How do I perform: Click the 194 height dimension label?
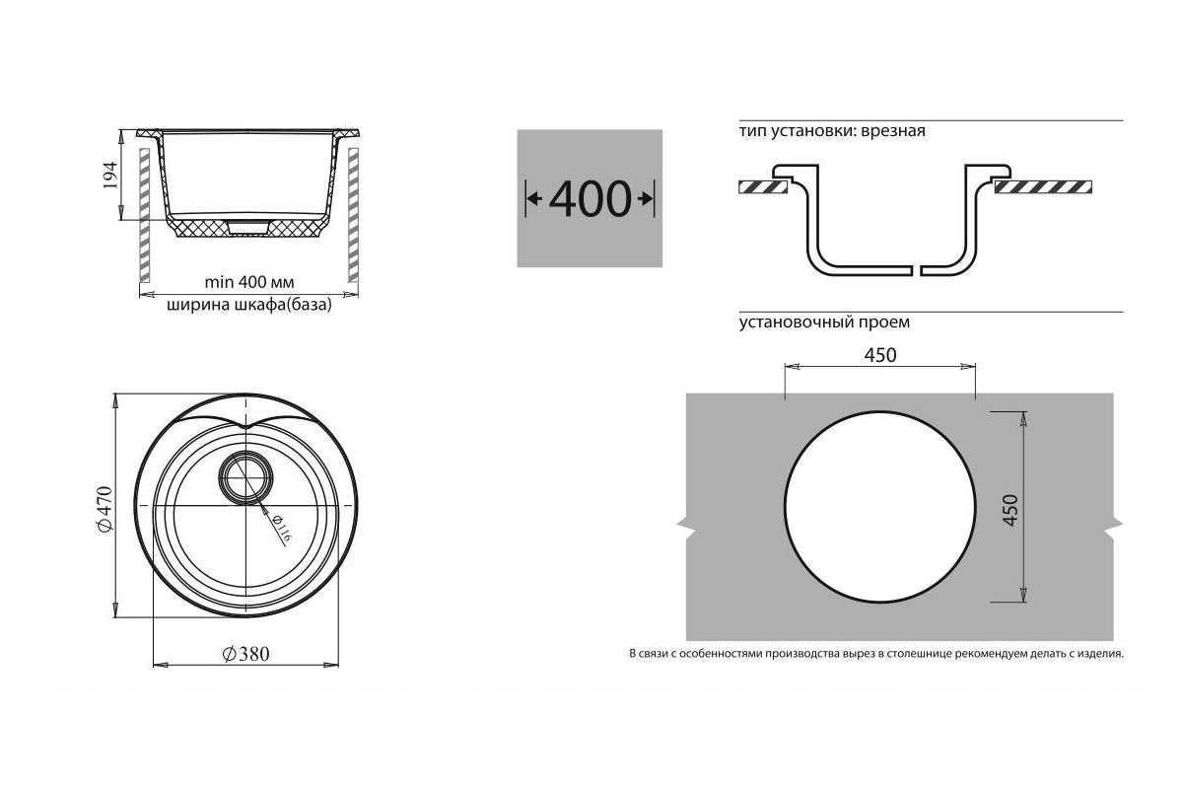click(x=109, y=175)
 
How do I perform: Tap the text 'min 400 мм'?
click(x=249, y=282)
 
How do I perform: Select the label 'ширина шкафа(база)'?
click(x=249, y=305)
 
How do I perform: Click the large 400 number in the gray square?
click(x=590, y=199)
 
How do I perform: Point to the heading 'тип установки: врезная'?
click(x=832, y=131)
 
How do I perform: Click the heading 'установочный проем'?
click(x=824, y=322)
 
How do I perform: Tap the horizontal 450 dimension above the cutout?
click(x=880, y=355)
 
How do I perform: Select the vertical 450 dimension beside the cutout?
click(x=1009, y=510)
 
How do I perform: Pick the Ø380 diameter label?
click(x=245, y=654)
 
